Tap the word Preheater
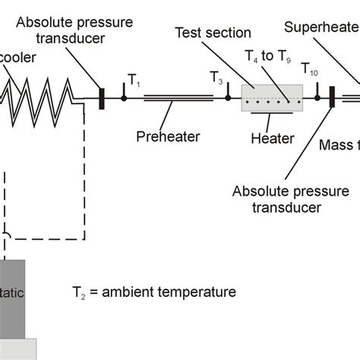pyautogui.click(x=168, y=137)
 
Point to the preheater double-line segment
pyautogui.click(x=178, y=97)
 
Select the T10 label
pyautogui.click(x=309, y=69)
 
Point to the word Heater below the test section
pyautogui.click(x=271, y=137)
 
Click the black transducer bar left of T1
pyautogui.click(x=101, y=97)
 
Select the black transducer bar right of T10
pyautogui.click(x=332, y=98)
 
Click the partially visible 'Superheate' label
pyautogui.click(x=321, y=28)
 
